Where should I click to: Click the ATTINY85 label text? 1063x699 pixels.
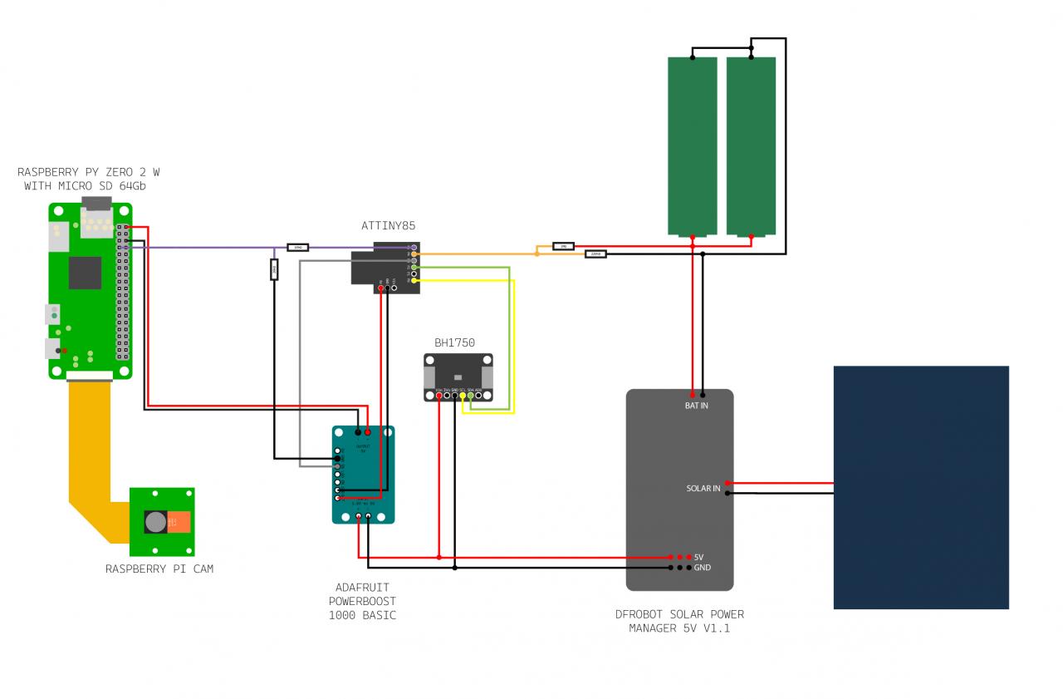click(x=388, y=225)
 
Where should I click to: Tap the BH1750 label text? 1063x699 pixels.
click(x=454, y=342)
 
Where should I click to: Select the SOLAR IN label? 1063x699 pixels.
click(x=703, y=488)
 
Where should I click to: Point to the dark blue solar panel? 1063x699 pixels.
click(x=921, y=487)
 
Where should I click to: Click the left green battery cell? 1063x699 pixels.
click(x=693, y=145)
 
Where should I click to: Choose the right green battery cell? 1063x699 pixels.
click(x=751, y=145)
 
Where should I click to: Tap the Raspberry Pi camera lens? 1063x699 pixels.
click(x=155, y=522)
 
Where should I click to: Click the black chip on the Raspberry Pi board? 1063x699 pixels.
click(x=85, y=273)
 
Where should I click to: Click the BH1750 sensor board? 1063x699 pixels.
click(x=458, y=372)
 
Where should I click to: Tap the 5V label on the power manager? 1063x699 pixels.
click(x=699, y=557)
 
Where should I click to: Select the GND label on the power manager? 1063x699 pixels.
click(x=702, y=568)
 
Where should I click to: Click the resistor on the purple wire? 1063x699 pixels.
click(x=297, y=247)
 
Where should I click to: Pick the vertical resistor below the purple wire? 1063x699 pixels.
click(x=274, y=269)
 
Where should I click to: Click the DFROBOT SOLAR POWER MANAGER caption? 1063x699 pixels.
click(x=679, y=622)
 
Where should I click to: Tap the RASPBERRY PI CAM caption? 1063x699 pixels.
click(x=159, y=569)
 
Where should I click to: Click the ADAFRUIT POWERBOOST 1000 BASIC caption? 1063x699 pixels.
click(x=362, y=602)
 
